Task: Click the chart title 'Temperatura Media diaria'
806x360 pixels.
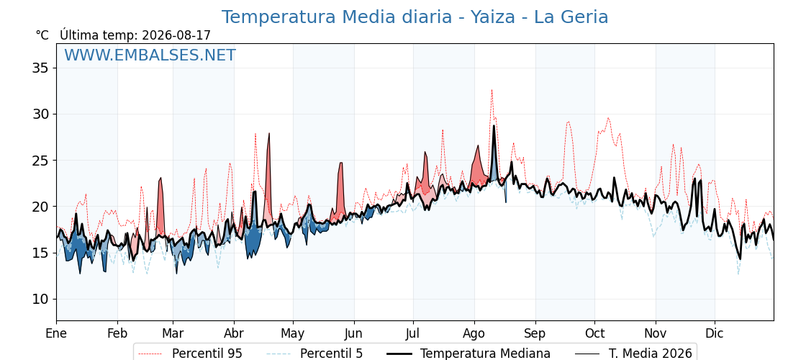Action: [335, 17]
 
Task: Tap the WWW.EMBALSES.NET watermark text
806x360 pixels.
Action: [150, 55]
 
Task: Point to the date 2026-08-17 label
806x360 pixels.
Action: [176, 35]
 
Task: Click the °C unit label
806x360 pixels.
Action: [42, 35]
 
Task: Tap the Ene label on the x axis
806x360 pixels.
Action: [56, 333]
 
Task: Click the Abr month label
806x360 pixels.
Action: [234, 333]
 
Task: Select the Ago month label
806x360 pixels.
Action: [474, 333]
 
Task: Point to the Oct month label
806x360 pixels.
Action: [594, 333]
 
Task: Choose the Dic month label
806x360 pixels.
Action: [715, 333]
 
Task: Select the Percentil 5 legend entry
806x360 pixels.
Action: [315, 354]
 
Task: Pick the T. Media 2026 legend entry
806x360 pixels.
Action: [633, 354]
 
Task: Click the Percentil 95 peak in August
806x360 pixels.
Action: [492, 89]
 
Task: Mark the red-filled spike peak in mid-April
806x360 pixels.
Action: [269, 133]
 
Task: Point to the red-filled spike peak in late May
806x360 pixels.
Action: [341, 163]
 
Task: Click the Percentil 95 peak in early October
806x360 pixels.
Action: [608, 118]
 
